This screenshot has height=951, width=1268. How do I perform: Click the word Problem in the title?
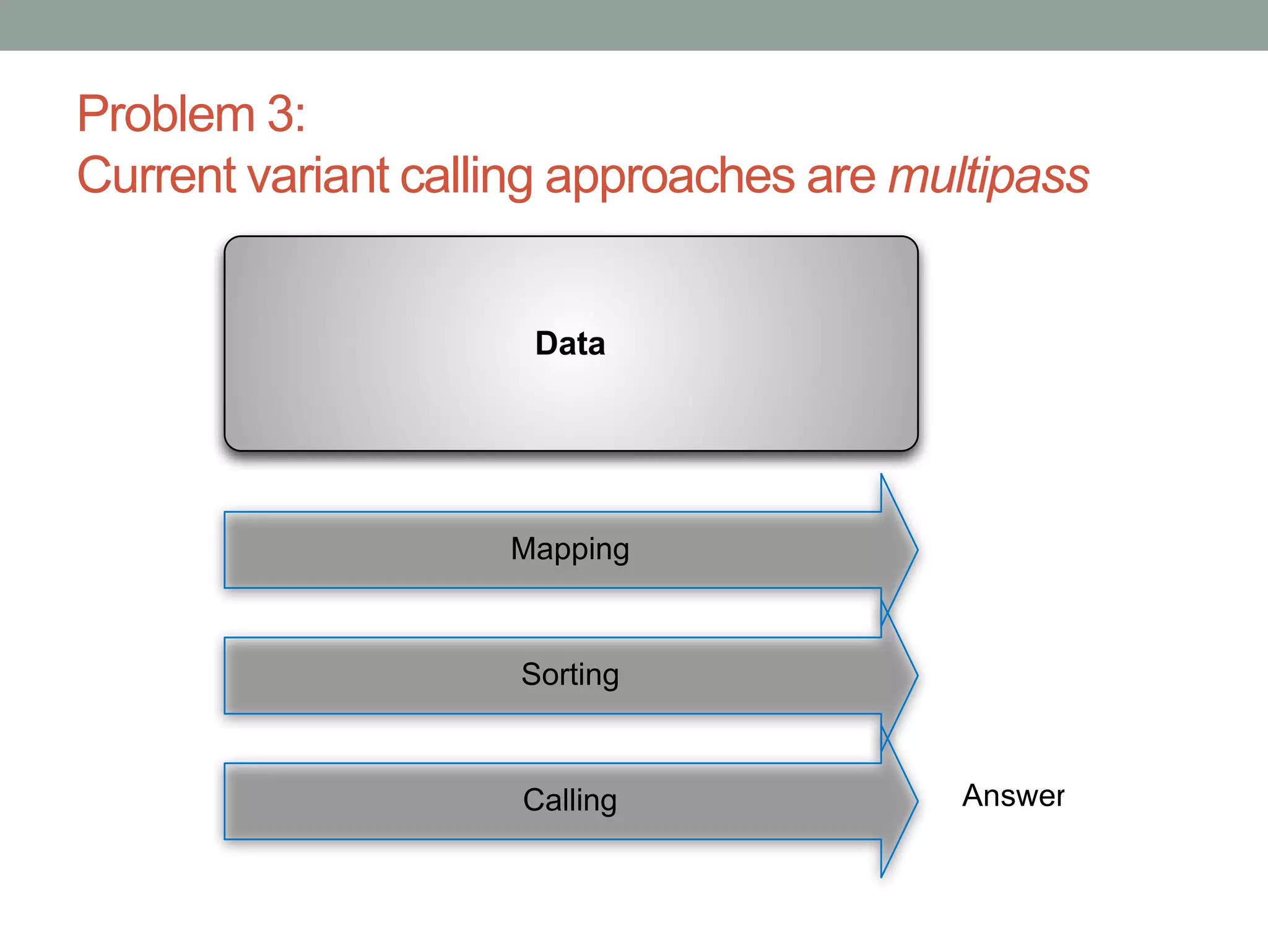166,115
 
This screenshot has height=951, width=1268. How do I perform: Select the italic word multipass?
988,176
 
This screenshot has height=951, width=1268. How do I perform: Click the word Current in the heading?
156,176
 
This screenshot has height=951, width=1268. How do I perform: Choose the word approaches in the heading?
669,176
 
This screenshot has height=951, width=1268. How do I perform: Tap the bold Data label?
570,344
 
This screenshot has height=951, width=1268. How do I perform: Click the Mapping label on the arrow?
570,549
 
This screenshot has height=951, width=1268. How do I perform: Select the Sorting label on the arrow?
570,674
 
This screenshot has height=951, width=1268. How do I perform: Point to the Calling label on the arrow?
570,800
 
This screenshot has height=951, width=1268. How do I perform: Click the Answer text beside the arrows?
1013,796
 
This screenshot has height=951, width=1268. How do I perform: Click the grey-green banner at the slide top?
634,25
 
